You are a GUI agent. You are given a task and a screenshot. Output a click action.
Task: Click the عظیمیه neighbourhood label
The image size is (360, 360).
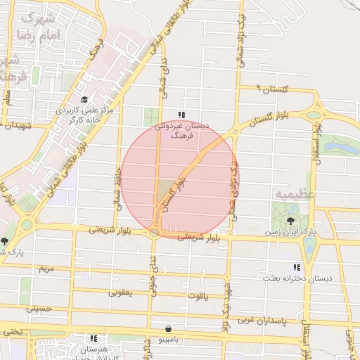(x=290, y=193)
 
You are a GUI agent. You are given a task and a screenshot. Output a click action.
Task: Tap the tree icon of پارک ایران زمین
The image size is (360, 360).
(x=292, y=221)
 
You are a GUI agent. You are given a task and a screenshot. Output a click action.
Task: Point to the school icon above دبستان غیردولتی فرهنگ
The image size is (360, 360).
(x=181, y=115)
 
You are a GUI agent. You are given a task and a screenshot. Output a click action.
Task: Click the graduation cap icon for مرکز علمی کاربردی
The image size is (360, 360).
(x=85, y=100)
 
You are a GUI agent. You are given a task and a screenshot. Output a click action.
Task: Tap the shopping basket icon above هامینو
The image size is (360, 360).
(x=167, y=328)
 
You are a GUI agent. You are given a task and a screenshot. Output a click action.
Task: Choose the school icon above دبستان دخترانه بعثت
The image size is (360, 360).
(x=297, y=267)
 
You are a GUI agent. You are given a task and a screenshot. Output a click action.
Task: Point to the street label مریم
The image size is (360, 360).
(x=45, y=269)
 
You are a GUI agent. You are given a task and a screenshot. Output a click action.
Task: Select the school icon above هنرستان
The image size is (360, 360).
(x=94, y=338)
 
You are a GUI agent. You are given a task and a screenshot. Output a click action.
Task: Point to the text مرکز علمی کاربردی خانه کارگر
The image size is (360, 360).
(x=85, y=115)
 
